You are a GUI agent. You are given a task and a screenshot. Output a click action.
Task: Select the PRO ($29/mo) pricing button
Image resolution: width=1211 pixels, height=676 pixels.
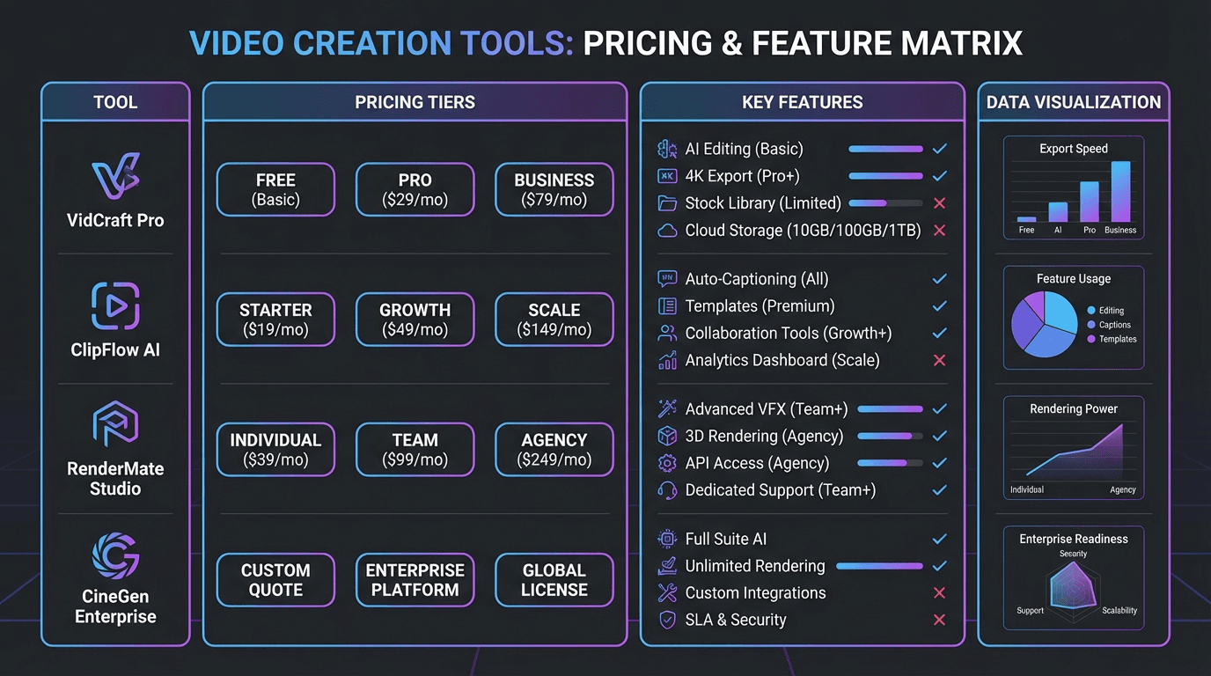tap(415, 189)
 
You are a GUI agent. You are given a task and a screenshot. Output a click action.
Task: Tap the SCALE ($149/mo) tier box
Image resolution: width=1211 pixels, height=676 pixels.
tap(554, 320)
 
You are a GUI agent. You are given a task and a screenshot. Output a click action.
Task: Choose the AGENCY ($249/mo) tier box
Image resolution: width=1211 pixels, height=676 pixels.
tap(554, 450)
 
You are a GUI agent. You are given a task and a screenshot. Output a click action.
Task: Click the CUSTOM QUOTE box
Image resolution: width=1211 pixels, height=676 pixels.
tap(275, 580)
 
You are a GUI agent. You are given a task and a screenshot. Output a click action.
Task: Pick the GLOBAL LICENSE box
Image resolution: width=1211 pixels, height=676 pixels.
tap(554, 580)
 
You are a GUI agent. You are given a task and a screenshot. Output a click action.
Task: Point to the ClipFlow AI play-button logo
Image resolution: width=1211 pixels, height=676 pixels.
tap(115, 305)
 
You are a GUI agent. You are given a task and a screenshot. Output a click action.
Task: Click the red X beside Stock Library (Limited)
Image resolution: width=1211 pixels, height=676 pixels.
tap(939, 203)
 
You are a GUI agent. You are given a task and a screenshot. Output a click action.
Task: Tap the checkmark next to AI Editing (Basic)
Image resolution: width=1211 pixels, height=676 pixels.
tap(939, 150)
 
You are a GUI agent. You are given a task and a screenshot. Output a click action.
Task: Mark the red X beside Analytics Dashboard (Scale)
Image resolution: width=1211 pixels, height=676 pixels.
tap(939, 360)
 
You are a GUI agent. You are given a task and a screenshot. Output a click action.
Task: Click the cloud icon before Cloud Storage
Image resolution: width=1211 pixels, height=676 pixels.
tap(667, 231)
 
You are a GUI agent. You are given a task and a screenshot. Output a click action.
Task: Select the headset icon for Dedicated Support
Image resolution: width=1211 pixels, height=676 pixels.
tap(667, 490)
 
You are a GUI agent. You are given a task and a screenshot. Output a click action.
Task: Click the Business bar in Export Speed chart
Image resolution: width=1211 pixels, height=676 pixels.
tap(1120, 192)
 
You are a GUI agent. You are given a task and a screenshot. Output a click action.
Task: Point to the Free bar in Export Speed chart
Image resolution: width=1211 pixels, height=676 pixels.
tap(1026, 218)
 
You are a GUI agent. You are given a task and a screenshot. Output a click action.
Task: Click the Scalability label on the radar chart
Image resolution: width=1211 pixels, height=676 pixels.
tap(1119, 610)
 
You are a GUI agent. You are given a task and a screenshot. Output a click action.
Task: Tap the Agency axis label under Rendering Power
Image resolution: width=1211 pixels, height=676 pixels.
tap(1122, 489)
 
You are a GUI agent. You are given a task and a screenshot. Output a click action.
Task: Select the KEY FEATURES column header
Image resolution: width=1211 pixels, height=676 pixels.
tap(802, 102)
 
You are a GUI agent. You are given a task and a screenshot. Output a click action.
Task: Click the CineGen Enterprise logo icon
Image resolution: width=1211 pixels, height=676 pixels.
tap(115, 558)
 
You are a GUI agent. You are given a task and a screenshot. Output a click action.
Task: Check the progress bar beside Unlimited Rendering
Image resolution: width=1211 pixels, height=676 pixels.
tap(879, 566)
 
